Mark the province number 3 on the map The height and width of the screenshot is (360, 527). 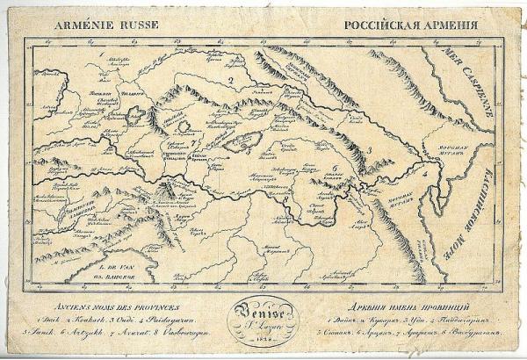370,150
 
